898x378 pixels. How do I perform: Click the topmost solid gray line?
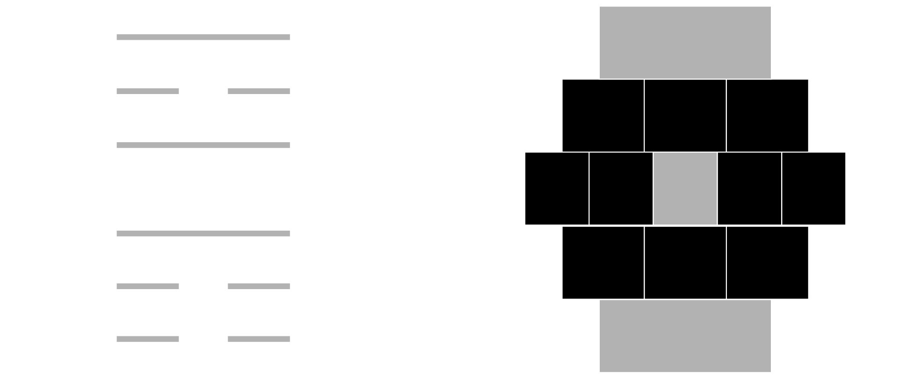[203, 37]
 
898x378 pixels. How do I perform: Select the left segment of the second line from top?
[147, 91]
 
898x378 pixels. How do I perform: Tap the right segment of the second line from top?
[259, 91]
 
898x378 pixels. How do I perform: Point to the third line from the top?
[203, 145]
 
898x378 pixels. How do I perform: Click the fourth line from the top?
[203, 233]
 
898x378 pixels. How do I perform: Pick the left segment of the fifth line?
[147, 286]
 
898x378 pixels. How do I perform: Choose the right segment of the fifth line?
[259, 286]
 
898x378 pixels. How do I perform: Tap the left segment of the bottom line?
[147, 339]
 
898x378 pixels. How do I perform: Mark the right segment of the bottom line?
[259, 339]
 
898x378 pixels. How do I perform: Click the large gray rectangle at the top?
[685, 42]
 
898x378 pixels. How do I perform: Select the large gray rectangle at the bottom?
[685, 336]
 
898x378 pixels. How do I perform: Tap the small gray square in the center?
[685, 189]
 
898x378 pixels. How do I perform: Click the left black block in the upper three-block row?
[603, 115]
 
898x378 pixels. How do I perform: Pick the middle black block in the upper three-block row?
[685, 115]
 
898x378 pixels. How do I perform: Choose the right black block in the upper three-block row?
[767, 115]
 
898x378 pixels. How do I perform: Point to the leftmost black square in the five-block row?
[557, 189]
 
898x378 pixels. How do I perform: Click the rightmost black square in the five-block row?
[813, 189]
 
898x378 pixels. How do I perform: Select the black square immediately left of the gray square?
[621, 189]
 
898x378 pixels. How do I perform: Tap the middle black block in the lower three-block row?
[685, 262]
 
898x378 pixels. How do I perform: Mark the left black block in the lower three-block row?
[603, 262]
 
